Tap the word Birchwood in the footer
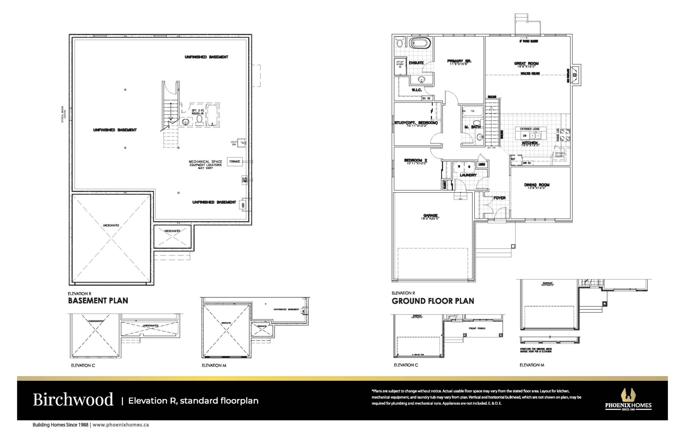coord(73,400)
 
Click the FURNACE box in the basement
coord(235,162)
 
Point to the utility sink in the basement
coord(242,143)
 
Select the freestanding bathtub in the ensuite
coord(420,43)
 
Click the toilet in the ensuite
coord(400,42)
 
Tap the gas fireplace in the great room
coord(575,75)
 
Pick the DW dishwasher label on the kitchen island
coord(524,136)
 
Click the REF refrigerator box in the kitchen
coord(513,159)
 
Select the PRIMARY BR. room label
coord(459,61)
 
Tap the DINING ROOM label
coord(537,185)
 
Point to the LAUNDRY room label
coord(468,175)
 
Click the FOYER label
coord(499,198)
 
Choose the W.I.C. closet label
coord(416,90)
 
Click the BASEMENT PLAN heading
coord(98,301)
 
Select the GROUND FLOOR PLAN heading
coord(433,301)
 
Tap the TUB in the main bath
coord(473,111)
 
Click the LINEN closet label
coord(482,164)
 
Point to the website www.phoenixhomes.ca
coord(120,425)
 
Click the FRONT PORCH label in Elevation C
coord(477,328)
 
